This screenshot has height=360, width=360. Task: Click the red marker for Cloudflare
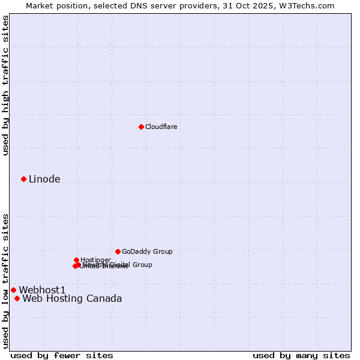tap(141, 127)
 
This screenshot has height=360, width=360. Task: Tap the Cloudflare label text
tap(161, 127)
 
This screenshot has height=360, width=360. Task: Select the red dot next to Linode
tap(23, 179)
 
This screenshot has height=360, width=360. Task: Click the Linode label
tap(44, 179)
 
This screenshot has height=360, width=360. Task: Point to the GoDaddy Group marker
tap(118, 251)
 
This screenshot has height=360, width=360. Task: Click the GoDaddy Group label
tap(147, 251)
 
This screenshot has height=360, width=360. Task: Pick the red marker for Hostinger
tap(76, 260)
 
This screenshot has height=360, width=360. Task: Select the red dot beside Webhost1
tap(13, 290)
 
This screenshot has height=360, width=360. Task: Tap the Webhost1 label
tap(42, 290)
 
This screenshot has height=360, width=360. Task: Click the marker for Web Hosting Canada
tap(17, 298)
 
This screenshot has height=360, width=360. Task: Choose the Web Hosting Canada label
tap(72, 298)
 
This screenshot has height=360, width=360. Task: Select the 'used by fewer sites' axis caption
tap(62, 355)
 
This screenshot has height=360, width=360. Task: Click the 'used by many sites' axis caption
tap(301, 355)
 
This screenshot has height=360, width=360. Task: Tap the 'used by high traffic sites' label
tap(5, 85)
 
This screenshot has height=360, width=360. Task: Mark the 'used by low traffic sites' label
tap(5, 280)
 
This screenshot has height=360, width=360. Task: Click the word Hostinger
tap(96, 260)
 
